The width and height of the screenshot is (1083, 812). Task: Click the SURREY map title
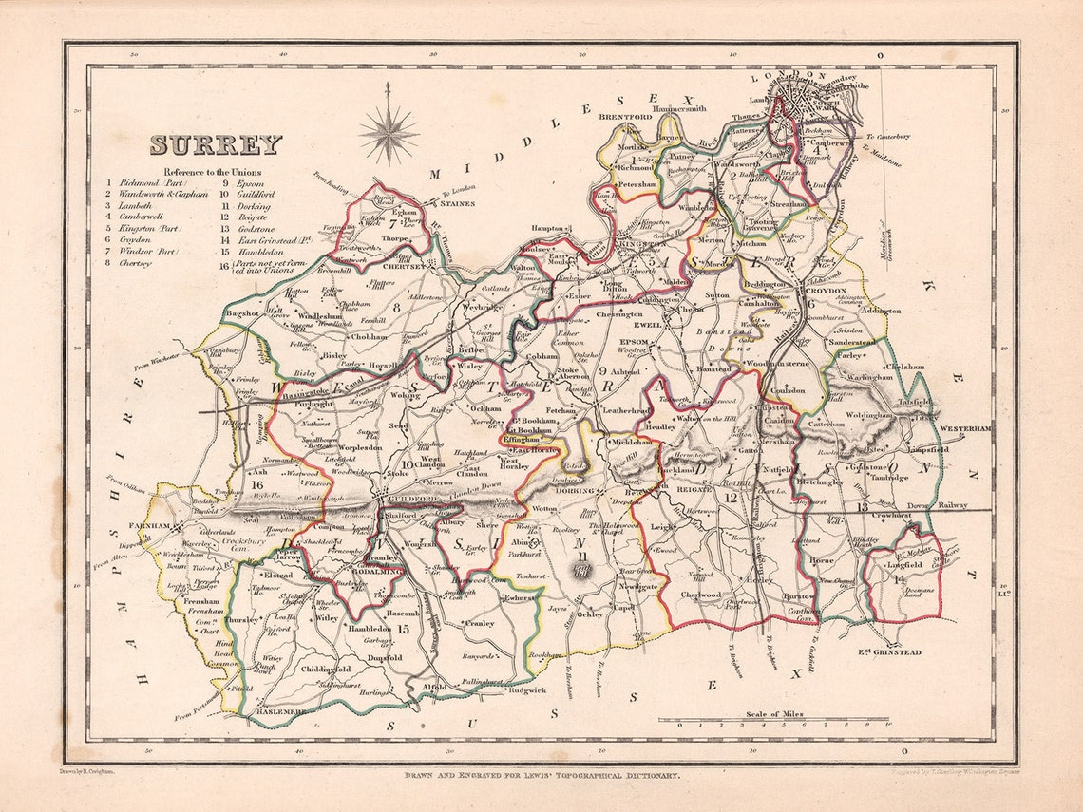click(216, 145)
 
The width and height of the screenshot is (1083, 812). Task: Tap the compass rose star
click(388, 134)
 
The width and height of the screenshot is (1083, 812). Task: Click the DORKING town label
click(573, 491)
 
